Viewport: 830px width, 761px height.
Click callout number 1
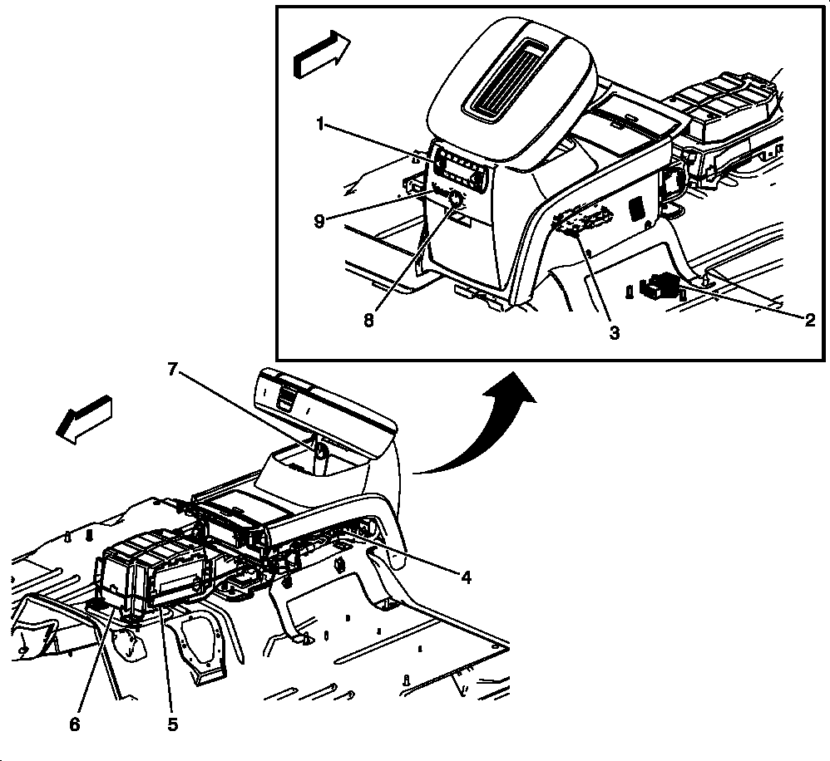tap(319, 125)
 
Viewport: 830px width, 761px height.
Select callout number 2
tap(809, 320)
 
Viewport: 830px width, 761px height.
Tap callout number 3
tap(614, 332)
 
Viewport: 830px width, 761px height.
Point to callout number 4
tap(466, 577)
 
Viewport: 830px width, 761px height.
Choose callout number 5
tap(173, 724)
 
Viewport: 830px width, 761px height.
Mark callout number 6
tap(75, 724)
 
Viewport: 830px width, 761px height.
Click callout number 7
tap(172, 369)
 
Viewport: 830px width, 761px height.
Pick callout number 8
tap(369, 320)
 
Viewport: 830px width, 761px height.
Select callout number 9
tap(319, 221)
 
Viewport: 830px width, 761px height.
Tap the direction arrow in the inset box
tap(321, 55)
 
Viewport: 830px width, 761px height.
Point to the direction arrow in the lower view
tap(84, 420)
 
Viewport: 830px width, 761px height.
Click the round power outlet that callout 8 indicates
tap(455, 200)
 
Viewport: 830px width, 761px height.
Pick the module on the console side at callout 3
tap(582, 219)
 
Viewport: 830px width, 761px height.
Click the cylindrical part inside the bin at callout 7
tap(321, 458)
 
